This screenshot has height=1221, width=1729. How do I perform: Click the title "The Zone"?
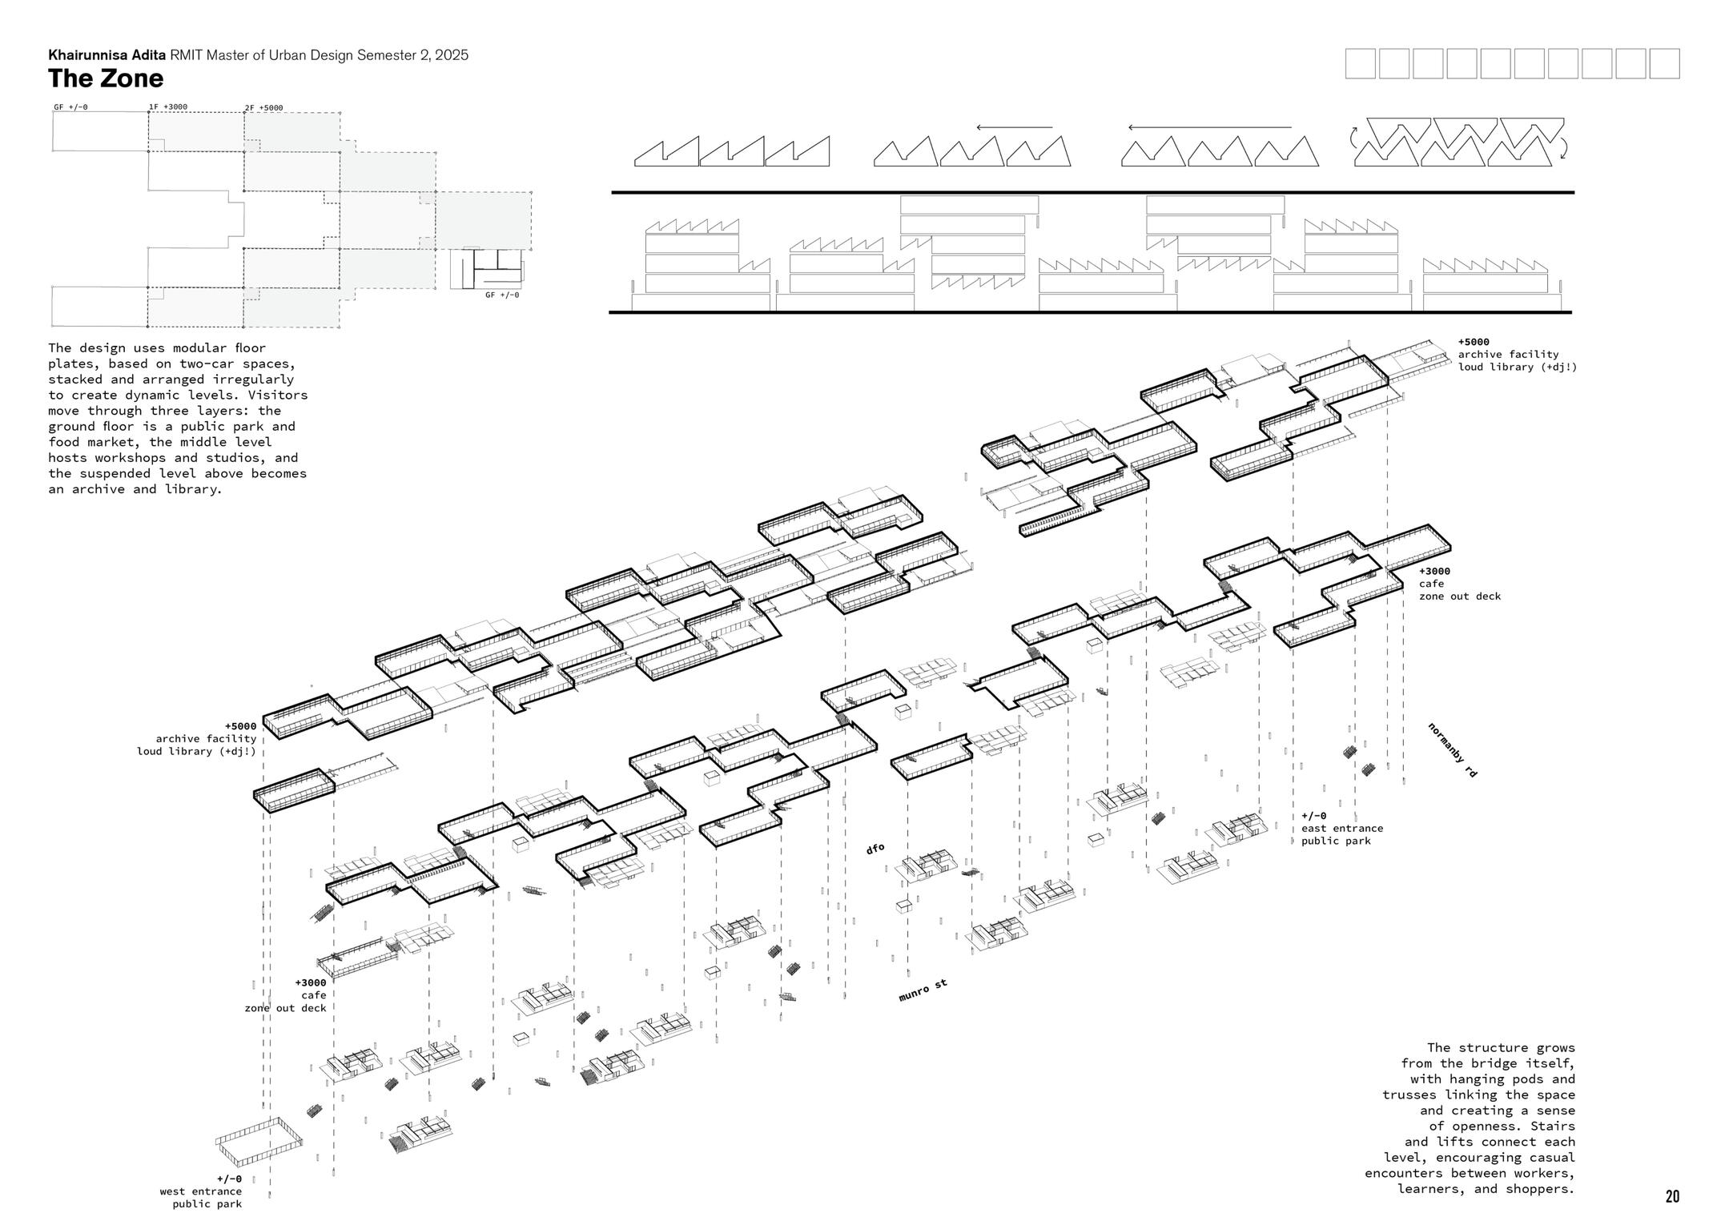(106, 78)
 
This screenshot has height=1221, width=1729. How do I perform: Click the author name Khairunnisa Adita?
(107, 55)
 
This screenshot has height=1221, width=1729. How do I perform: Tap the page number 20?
(1672, 1196)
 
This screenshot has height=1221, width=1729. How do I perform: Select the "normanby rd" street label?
(1452, 750)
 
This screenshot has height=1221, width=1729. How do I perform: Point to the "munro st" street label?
(923, 990)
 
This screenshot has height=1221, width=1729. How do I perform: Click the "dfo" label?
(875, 848)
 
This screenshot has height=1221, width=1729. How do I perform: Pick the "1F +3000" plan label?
(167, 106)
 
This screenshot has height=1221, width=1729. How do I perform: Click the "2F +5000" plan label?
(263, 108)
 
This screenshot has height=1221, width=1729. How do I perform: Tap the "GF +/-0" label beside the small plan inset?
(502, 295)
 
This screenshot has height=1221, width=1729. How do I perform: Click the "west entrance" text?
(200, 1191)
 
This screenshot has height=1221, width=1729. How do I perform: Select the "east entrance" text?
(1342, 828)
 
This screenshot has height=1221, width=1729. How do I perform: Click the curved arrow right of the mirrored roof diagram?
(1564, 148)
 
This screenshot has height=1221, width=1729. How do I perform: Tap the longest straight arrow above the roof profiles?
(1209, 127)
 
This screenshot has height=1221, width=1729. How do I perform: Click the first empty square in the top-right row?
(1360, 63)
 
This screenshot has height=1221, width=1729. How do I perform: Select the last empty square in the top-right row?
(1664, 63)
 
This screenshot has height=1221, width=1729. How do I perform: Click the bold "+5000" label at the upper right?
(1474, 342)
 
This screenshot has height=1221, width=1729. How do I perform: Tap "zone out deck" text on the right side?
(1460, 596)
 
